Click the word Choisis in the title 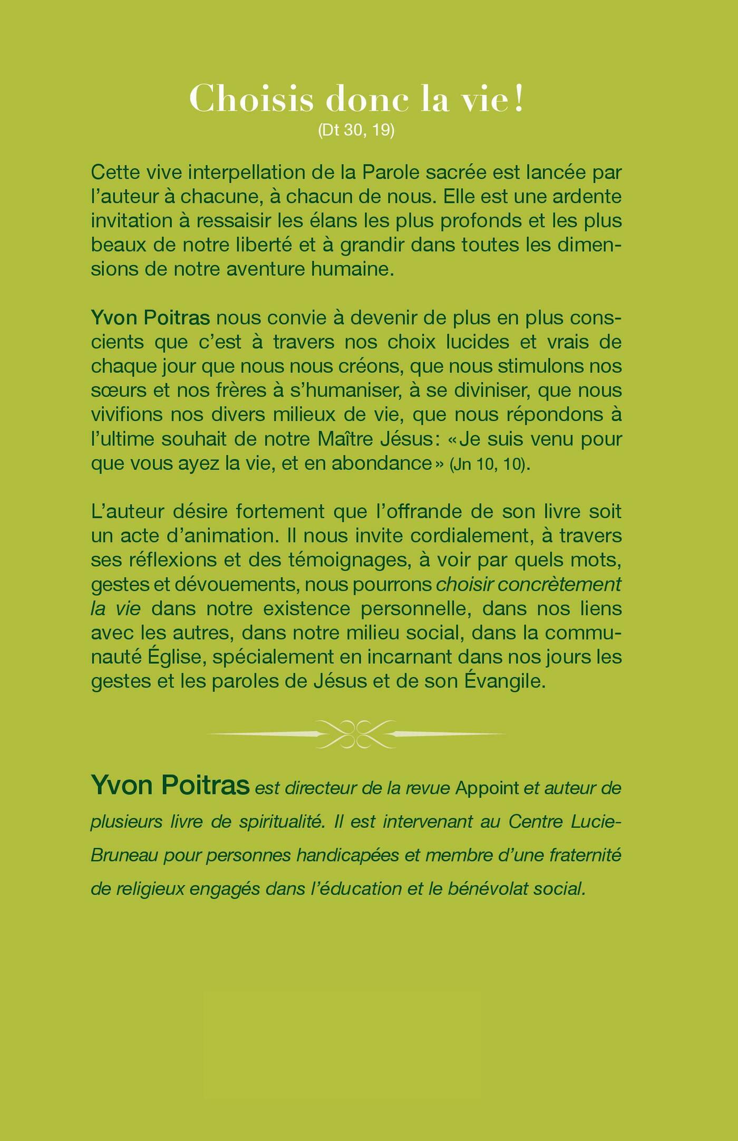pos(251,99)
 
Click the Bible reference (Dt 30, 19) pos(356,130)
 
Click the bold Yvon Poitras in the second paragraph pos(150,318)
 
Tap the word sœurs pos(115,391)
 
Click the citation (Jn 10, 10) pos(488,464)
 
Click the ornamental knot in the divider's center pos(356,734)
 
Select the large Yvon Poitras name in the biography pos(170,786)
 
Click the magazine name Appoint pos(487,788)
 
